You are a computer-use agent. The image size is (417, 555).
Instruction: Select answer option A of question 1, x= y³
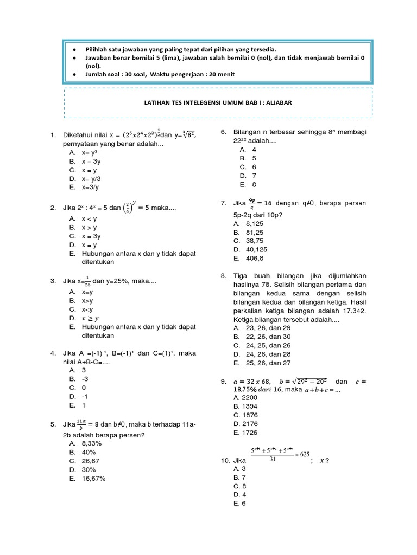tap(89, 153)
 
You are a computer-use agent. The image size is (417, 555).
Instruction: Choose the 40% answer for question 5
tap(89, 452)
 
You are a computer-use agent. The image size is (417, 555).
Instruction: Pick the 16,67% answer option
tap(92, 479)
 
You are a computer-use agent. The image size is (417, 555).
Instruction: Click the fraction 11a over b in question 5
tap(80, 424)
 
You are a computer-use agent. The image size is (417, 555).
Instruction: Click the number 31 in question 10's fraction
tap(273, 459)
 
